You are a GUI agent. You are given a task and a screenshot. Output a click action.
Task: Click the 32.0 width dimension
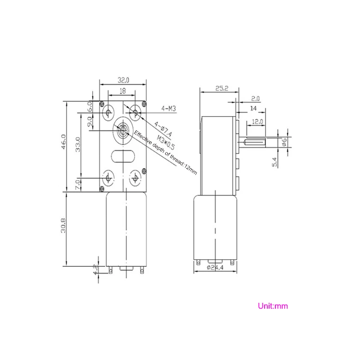point(123,80)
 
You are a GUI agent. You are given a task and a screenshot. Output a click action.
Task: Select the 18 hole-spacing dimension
point(123,91)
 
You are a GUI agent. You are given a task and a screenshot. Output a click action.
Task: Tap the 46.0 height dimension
point(63,142)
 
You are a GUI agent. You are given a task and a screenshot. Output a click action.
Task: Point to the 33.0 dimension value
point(78,144)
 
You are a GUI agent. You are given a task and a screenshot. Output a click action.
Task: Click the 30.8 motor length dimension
point(63,225)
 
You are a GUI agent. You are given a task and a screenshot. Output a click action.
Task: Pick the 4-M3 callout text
point(168,108)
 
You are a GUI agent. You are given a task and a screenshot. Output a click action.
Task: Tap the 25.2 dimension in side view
point(222,88)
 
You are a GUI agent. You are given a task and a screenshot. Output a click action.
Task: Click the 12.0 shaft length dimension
point(257,121)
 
